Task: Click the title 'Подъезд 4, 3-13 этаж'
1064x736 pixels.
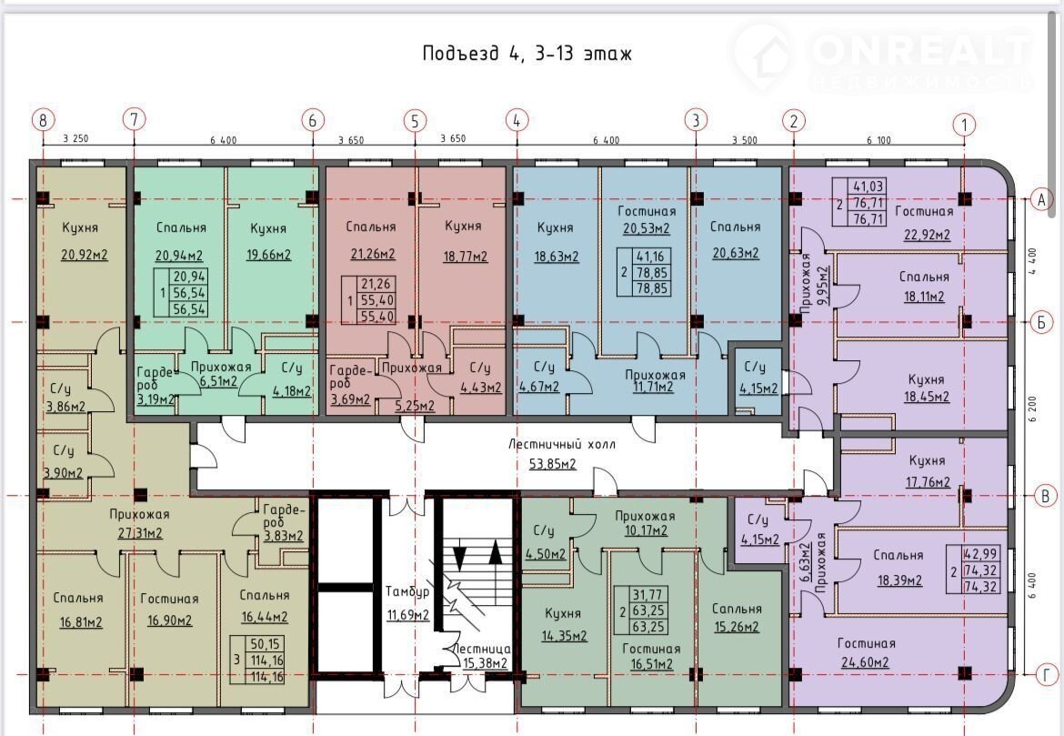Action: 527,53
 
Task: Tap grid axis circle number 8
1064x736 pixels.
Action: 43,121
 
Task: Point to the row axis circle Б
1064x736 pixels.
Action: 1041,322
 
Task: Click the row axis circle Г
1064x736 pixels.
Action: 1047,675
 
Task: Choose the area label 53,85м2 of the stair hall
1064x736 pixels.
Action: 552,464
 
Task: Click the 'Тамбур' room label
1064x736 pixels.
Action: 407,591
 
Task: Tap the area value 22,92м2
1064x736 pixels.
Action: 927,235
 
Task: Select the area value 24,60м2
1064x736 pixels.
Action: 865,662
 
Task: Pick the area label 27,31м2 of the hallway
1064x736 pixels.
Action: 140,533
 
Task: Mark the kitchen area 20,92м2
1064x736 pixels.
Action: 85,256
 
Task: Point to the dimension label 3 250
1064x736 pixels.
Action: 75,139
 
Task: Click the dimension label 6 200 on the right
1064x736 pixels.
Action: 1033,408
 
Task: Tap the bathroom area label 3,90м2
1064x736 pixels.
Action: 63,472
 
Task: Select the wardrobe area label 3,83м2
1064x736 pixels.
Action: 284,536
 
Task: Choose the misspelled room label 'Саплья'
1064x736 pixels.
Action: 737,609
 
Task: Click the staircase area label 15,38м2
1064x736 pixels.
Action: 485,663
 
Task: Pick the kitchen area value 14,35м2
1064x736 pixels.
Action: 564,636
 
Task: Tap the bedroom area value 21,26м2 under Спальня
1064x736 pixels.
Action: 373,255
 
